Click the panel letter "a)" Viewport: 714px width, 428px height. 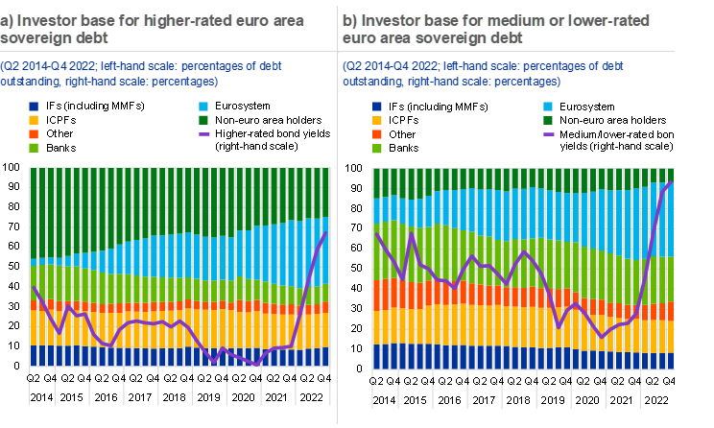point(8,20)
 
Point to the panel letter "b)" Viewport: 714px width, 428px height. point(351,20)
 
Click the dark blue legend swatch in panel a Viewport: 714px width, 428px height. point(34,107)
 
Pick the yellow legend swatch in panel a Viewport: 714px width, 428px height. point(34,120)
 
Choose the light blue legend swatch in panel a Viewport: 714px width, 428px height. point(204,107)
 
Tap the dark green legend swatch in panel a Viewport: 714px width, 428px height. point(204,120)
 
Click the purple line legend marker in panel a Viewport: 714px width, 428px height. point(204,134)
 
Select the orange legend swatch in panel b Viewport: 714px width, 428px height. point(377,134)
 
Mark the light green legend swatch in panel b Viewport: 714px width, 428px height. point(377,149)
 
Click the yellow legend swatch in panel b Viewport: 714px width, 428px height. point(377,120)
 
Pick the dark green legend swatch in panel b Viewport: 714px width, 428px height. point(548,120)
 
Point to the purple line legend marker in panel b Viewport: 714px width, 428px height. point(548,134)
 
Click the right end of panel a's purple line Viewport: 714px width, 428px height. point(327,232)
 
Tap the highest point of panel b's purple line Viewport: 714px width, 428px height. point(670,182)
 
